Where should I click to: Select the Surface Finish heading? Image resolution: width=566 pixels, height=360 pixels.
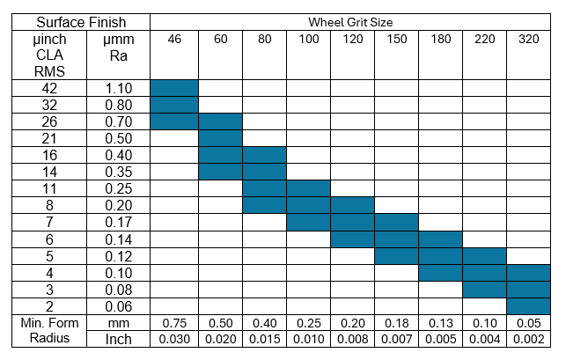coord(77,21)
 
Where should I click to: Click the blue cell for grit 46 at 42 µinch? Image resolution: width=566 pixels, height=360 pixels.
coord(174,88)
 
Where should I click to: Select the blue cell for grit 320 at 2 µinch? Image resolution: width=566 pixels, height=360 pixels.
coord(529,306)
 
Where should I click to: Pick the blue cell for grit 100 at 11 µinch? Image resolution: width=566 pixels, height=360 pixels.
coord(308,188)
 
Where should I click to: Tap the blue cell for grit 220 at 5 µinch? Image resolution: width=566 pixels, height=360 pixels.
coord(485,256)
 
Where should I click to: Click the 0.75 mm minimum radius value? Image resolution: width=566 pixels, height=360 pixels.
coord(174,323)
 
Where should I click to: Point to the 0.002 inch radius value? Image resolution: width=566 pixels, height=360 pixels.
coord(529,339)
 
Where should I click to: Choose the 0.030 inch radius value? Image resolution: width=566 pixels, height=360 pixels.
coord(174,339)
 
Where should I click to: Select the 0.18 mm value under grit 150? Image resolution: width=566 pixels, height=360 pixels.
coord(396,323)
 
